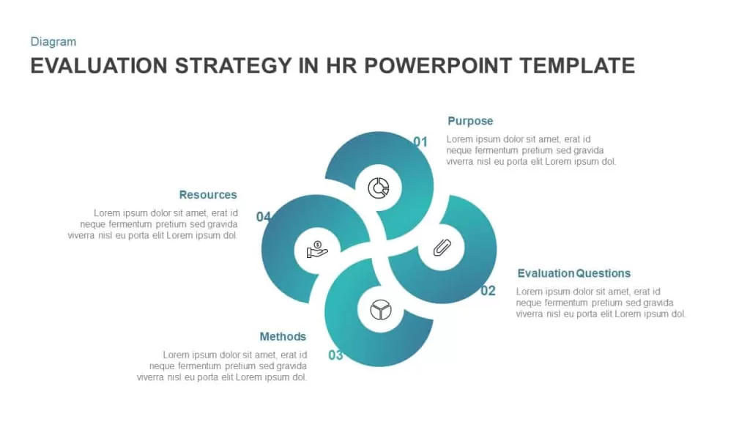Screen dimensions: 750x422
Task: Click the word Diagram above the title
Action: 53,42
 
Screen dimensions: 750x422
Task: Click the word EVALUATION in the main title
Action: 99,66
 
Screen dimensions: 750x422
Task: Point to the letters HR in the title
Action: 341,66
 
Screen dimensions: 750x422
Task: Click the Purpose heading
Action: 470,121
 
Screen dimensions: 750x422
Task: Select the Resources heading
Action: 208,195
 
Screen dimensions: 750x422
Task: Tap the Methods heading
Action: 283,336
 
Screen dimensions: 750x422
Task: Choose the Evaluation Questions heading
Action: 574,273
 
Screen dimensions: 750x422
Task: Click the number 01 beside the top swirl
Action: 420,141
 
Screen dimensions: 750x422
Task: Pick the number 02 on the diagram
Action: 488,290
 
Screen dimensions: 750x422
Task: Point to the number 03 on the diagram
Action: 335,355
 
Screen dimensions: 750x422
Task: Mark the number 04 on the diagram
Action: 264,217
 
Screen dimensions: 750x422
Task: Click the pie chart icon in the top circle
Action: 379,188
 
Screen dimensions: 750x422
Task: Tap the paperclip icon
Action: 442,248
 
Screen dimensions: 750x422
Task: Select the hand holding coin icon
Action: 317,250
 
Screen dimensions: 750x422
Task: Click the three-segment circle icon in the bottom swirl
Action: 381,310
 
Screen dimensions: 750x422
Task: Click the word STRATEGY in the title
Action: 233,66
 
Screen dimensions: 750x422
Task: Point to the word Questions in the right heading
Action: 604,273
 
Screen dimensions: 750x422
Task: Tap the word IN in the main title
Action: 308,66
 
